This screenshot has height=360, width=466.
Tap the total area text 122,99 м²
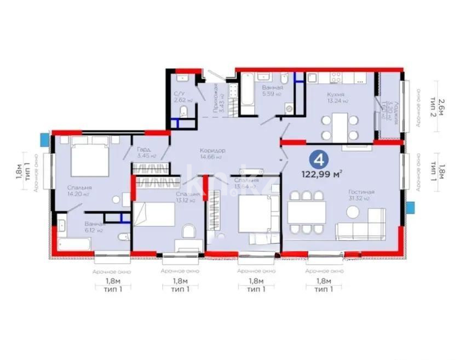click(322, 175)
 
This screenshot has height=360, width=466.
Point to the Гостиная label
click(362, 192)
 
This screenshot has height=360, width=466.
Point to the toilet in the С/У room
click(185, 113)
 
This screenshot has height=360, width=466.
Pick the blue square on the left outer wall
click(44, 137)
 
